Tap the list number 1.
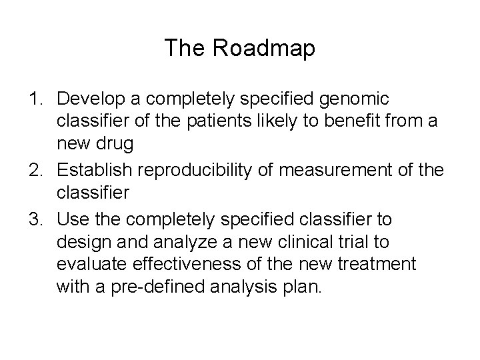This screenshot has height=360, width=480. pyautogui.click(x=36, y=99)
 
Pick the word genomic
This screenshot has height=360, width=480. pyautogui.click(x=361, y=99)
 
